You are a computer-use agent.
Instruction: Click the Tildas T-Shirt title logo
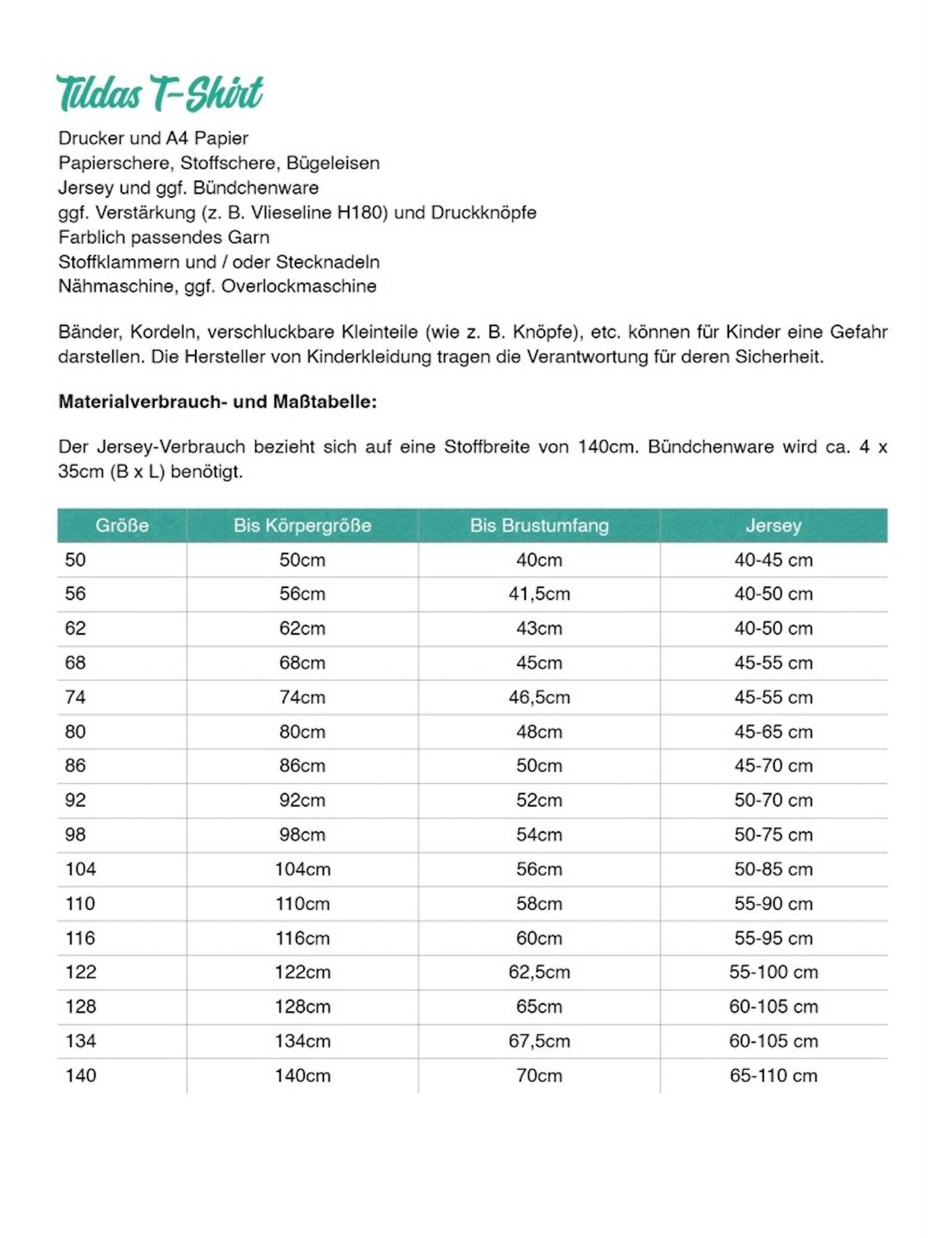tap(160, 93)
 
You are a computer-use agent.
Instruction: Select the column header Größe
tap(122, 526)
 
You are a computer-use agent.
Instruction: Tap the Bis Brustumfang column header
tap(539, 526)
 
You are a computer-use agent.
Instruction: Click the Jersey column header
tap(773, 526)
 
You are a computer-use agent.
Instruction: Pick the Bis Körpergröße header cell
tap(302, 526)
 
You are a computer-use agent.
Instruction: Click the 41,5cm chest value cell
tap(539, 594)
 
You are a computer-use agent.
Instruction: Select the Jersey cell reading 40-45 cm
tap(773, 560)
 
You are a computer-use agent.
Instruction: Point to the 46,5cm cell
tap(539, 697)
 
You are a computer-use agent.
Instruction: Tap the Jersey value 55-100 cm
tap(773, 972)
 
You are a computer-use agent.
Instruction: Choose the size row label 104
tap(81, 869)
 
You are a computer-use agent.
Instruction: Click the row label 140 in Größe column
tap(81, 1075)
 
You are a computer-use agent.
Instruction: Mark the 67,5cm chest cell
tap(539, 1041)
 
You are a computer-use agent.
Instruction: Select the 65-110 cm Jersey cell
tap(773, 1075)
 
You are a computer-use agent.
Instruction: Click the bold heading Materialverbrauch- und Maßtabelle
tap(217, 402)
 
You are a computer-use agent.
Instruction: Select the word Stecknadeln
tap(328, 262)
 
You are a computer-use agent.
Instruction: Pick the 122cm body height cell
tap(302, 972)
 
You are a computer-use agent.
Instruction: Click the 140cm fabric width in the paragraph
tap(607, 447)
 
